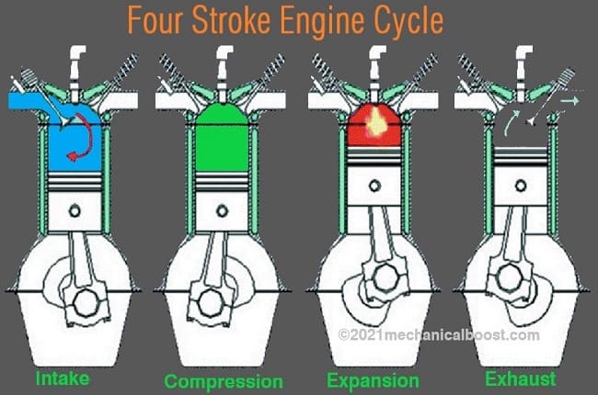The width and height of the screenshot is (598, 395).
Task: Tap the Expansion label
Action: (373, 379)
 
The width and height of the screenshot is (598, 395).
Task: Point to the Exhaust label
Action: (522, 378)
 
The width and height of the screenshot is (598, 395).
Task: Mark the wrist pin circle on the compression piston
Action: (222, 210)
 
